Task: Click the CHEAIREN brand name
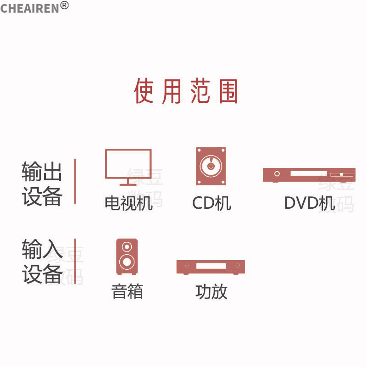coord(30,8)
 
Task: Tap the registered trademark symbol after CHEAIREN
coord(64,5)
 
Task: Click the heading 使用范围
coord(186,91)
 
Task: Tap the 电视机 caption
coord(128,203)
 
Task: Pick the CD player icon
coord(211,166)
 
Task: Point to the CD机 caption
coord(211,203)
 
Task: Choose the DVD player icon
coord(309,175)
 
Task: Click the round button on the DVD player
coord(277,174)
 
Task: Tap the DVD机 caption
coord(309,203)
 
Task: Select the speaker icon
coord(127,256)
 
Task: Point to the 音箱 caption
coord(128,292)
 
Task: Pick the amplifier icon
coord(211,267)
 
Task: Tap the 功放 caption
coord(211,292)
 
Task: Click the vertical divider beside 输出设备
coord(75,182)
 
